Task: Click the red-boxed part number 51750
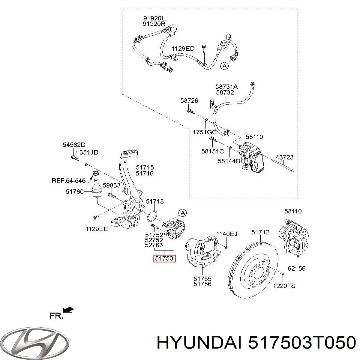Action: [x=164, y=259]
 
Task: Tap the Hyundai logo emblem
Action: [x=34, y=341]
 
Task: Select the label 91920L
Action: [x=154, y=18]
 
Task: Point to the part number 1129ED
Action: [x=183, y=49]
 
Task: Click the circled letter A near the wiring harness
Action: [x=225, y=66]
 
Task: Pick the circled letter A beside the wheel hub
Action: [x=182, y=213]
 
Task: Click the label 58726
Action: [x=189, y=101]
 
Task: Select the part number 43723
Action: [x=285, y=157]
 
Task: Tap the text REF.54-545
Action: [x=69, y=181]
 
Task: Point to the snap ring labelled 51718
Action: [x=152, y=216]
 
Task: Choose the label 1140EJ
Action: [x=227, y=234]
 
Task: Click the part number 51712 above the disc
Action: [x=260, y=232]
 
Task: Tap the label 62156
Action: [x=296, y=268]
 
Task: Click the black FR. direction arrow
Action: [x=68, y=310]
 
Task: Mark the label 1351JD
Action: [x=87, y=152]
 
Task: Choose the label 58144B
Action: [x=229, y=161]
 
